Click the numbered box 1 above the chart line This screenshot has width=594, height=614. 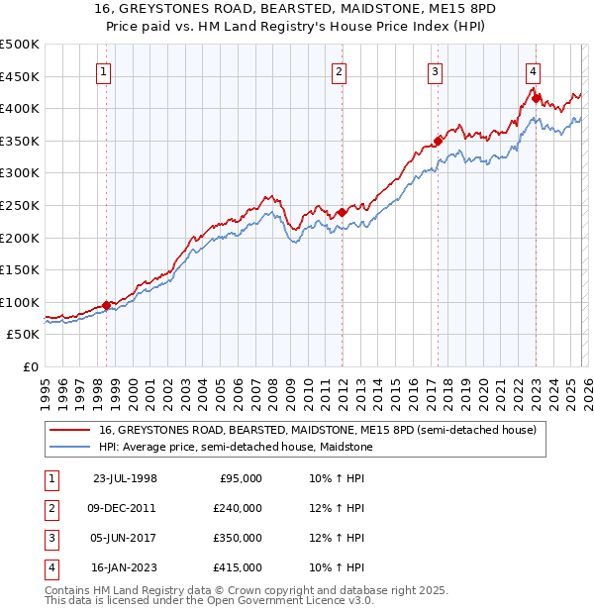pyautogui.click(x=104, y=71)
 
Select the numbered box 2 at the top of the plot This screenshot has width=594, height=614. pyautogui.click(x=339, y=71)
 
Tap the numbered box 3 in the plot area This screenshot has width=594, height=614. pyautogui.click(x=435, y=71)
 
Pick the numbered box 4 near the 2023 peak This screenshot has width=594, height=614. pyautogui.click(x=533, y=71)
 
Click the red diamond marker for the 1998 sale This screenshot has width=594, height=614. pyautogui.click(x=107, y=305)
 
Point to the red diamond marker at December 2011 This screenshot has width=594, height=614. pyautogui.click(x=342, y=212)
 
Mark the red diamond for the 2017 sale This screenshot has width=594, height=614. pyautogui.click(x=438, y=141)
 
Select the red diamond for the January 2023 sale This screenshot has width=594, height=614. pyautogui.click(x=536, y=98)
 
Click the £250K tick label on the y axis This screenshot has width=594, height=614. pyautogui.click(x=20, y=205)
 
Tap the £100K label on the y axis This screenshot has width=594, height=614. pyautogui.click(x=20, y=302)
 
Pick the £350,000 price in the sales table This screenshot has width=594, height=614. pyautogui.click(x=237, y=538)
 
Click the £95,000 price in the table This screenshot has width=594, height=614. pyautogui.click(x=240, y=478)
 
